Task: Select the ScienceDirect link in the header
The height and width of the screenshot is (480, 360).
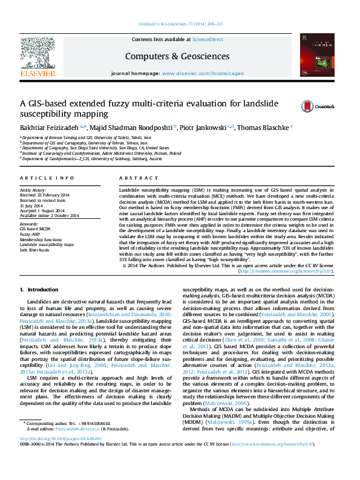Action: (x=208, y=39)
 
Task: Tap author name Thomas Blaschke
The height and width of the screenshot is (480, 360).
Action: (x=263, y=128)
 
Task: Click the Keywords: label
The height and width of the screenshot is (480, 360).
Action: (x=29, y=224)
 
